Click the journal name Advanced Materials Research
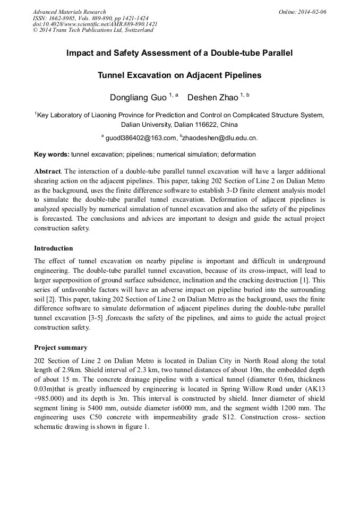coord(69,12)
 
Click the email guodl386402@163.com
coord(141,139)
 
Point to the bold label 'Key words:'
coord(52,154)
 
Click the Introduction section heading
coord(54,248)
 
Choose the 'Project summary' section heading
coord(61,348)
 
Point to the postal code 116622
coord(208,125)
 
